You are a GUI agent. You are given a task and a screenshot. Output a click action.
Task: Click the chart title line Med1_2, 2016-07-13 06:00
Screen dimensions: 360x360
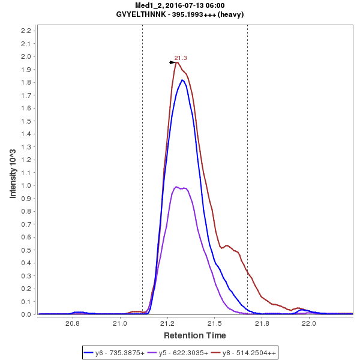(180, 5)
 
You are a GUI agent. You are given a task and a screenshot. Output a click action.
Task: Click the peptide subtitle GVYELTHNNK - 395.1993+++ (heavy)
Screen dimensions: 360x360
(180, 14)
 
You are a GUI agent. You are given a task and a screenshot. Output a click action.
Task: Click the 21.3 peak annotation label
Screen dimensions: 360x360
(181, 58)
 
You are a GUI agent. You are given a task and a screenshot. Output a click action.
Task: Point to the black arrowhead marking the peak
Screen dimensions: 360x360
(173, 62)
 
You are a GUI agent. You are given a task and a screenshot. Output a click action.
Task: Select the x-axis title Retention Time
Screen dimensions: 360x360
(195, 335)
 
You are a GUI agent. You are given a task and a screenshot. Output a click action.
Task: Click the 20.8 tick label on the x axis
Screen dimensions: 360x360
(73, 323)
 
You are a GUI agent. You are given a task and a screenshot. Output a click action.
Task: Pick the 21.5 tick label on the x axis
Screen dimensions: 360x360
(214, 323)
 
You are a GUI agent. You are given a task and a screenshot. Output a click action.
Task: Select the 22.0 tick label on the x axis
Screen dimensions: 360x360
(308, 323)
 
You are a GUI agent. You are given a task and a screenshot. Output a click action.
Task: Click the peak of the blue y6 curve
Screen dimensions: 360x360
(182, 80)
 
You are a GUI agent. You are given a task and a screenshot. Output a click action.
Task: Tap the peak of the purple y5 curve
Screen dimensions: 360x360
(176, 187)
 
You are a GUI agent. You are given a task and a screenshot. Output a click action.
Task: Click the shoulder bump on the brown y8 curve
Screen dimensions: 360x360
(227, 245)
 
